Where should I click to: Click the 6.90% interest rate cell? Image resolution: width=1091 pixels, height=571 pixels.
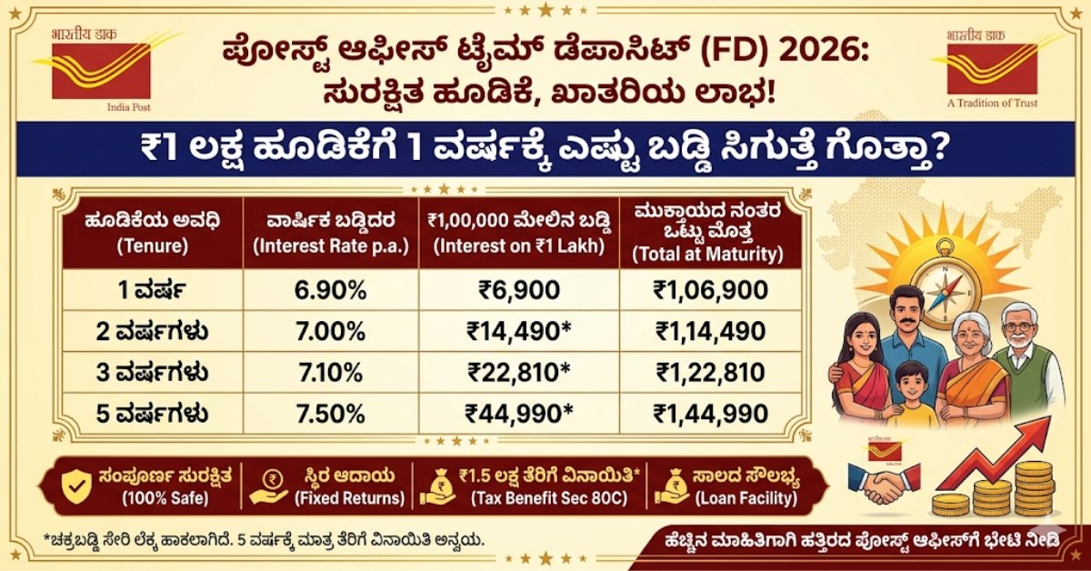coord(330,291)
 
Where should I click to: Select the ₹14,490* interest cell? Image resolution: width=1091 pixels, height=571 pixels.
coord(519,332)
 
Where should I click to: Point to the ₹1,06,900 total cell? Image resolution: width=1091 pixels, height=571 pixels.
coord(709,291)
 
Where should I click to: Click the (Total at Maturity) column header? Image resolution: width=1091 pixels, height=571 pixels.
coord(709,255)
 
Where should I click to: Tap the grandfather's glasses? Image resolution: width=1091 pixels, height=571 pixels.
coord(1022,326)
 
